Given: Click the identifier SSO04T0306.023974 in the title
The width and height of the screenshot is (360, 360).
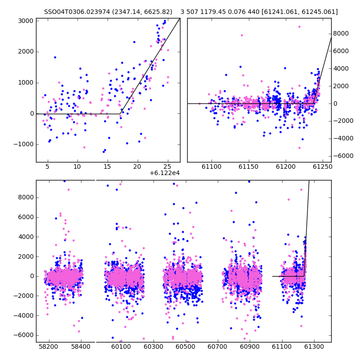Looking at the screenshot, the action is [x=77, y=12].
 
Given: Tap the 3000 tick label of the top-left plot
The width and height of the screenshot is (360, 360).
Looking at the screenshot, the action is [x=26, y=21].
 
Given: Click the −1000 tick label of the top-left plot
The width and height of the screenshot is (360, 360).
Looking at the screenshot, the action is [x=23, y=144].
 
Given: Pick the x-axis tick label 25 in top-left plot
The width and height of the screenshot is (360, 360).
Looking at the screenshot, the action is [x=167, y=166].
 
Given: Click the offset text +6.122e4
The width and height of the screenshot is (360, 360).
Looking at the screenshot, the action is [x=165, y=173].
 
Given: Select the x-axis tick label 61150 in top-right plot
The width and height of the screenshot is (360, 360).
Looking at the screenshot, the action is [x=249, y=166].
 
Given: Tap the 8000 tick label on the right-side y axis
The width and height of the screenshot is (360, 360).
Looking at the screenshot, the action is [x=341, y=33].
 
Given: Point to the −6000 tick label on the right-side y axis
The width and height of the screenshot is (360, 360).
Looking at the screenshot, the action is [x=343, y=156].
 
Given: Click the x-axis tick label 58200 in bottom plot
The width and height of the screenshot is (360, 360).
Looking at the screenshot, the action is [x=49, y=346].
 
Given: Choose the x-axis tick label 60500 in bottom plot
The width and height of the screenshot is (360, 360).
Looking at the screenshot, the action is [x=185, y=346].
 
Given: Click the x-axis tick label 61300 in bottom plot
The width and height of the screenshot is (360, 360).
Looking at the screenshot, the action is [x=314, y=346].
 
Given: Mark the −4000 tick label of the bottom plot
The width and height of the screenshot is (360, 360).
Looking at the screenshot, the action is [x=23, y=315].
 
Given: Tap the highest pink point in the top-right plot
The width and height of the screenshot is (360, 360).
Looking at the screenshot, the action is [x=299, y=27].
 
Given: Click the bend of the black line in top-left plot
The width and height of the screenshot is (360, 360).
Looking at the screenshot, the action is [x=120, y=114].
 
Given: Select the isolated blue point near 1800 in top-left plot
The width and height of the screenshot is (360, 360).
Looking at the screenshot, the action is [x=55, y=58].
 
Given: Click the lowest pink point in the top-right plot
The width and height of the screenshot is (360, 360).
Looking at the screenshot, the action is [x=299, y=148].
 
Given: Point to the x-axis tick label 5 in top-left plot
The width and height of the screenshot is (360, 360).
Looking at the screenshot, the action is [x=47, y=166].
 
